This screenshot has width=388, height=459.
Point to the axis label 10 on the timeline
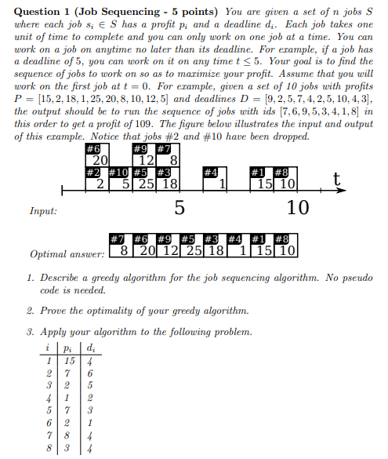(299, 208)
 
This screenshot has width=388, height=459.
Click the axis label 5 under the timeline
(179, 208)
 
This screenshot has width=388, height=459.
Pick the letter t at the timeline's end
(338, 180)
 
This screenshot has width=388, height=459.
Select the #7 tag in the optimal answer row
(118, 239)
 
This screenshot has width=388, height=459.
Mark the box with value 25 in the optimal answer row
(191, 252)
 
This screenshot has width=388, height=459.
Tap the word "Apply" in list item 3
(56, 332)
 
